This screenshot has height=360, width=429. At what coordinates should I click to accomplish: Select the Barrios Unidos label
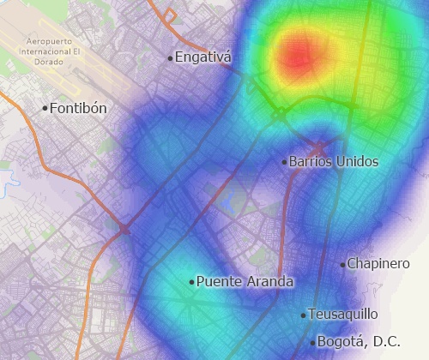coord(334,161)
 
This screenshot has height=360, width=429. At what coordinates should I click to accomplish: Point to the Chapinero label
coord(378,264)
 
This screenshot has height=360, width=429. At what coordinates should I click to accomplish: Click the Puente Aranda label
coord(245,281)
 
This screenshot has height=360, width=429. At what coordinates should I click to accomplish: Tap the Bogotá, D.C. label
coord(359,342)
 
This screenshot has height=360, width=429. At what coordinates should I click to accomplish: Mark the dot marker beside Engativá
coord(170,58)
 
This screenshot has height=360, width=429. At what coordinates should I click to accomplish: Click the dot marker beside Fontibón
coord(45,109)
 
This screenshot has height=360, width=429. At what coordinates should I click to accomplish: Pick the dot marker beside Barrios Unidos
coord(284,161)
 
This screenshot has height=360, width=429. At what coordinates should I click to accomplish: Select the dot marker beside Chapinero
coord(342,265)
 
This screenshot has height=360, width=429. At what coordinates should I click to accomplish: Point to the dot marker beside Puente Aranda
coord(191,281)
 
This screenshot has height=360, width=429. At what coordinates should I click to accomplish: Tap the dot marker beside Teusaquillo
coord(303,315)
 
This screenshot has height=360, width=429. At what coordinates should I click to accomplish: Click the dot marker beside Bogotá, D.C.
coord(312,343)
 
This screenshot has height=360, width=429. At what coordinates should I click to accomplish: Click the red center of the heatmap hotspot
coord(296,57)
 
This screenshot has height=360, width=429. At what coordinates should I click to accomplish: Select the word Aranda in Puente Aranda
coord(269,281)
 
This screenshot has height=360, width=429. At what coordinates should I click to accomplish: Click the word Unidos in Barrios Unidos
coord(357,161)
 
